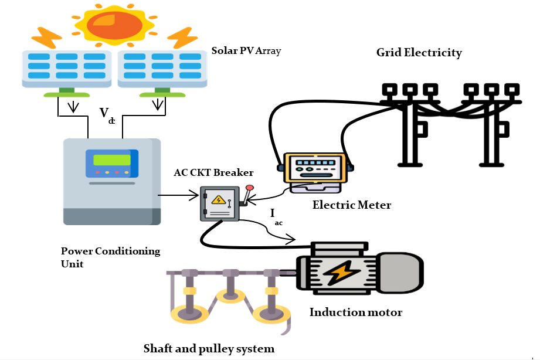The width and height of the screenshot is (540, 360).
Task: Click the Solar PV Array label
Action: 246,51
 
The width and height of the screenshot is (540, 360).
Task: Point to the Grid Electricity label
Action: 419,53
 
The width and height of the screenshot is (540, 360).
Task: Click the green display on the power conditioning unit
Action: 111,159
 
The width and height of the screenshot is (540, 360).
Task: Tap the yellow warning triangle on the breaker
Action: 219,200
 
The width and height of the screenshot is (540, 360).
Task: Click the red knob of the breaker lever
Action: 250,188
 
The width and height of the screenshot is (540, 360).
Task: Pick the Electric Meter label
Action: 351,205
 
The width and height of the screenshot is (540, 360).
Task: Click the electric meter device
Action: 315,170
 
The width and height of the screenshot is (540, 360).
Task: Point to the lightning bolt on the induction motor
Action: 338,273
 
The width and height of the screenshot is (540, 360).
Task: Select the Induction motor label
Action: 356,313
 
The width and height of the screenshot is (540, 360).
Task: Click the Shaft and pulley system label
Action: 209,349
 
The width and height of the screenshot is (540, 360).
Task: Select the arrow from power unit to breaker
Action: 179,195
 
